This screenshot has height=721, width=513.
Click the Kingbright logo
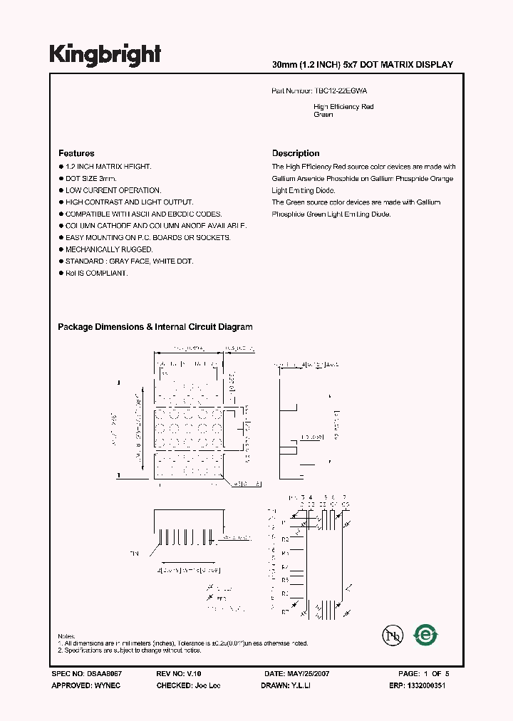105,54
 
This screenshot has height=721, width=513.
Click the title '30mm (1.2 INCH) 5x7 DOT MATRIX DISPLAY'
363,65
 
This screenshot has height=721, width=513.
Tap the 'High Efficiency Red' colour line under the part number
343,107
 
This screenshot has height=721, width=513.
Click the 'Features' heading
76,153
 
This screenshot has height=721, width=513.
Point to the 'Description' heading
296,153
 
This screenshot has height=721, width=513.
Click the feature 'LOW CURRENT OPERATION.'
113,190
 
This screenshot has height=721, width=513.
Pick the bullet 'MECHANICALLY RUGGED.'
109,249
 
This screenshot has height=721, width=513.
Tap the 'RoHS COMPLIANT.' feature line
97,273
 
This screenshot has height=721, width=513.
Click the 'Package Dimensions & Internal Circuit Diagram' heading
155,327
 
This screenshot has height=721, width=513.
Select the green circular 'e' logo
426,635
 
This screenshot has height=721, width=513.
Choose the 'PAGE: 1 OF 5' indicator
424,673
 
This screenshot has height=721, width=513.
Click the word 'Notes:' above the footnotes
67,636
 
